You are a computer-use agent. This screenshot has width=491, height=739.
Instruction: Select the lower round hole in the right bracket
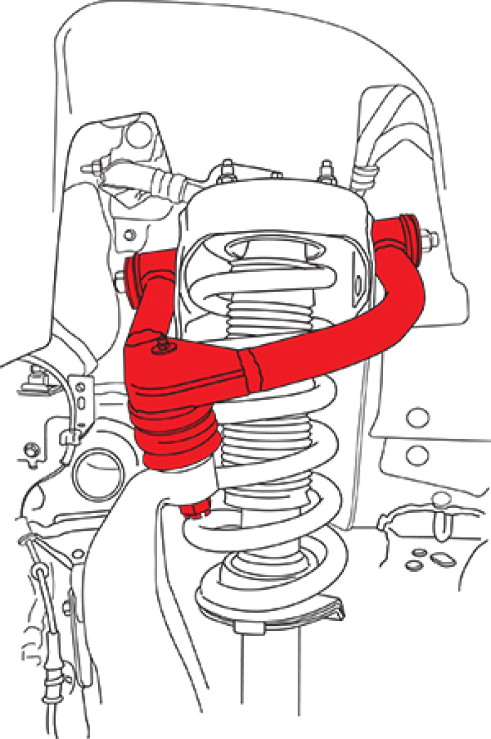[x=417, y=455]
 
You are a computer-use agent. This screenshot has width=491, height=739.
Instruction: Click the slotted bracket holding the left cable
[x=80, y=399]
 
